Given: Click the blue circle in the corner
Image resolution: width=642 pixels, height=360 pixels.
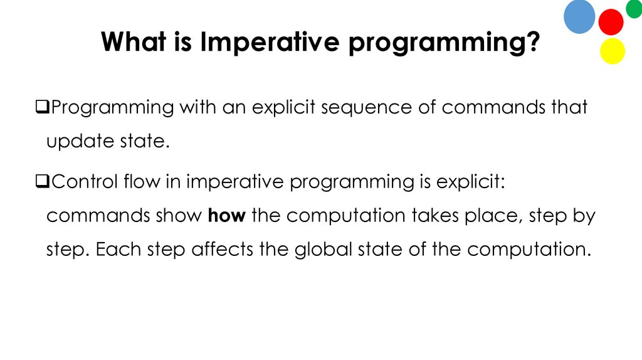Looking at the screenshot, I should [579, 17].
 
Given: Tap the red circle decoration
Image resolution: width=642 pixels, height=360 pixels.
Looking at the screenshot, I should [611, 23].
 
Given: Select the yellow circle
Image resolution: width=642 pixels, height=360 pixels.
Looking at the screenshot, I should [613, 51].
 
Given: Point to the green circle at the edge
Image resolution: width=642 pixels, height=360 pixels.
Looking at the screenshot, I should [634, 9].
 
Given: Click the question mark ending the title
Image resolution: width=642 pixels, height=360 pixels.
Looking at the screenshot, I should [532, 43].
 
